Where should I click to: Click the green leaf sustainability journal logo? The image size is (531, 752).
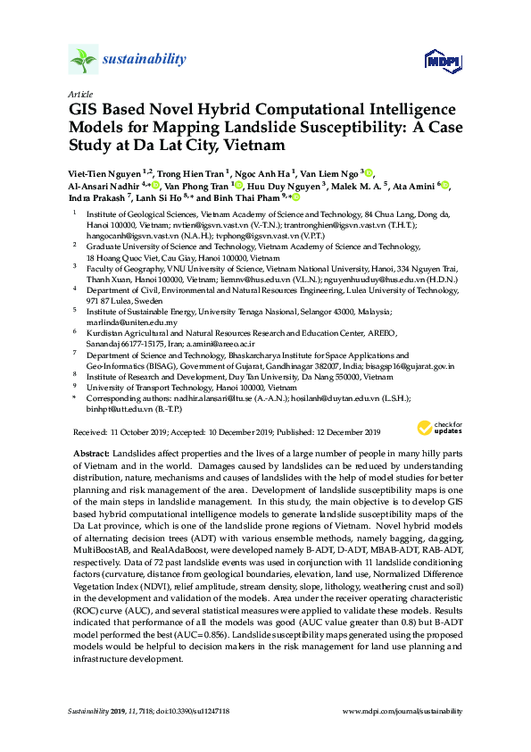pos(83,61)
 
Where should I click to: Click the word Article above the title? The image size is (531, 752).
pos(79,93)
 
